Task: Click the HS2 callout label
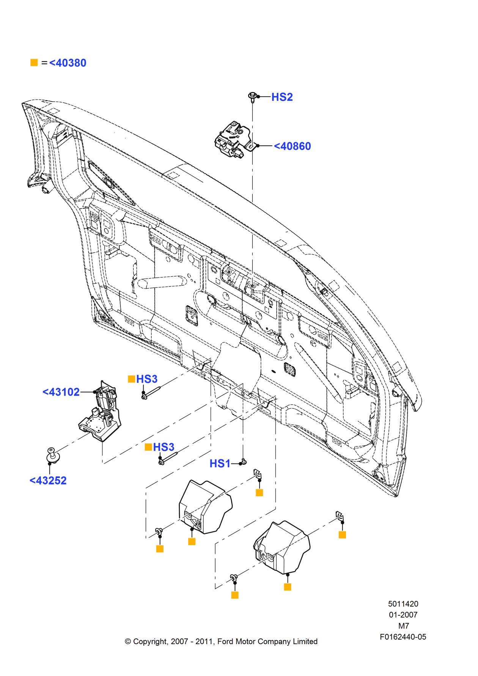282,97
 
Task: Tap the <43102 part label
61,392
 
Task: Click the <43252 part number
48,481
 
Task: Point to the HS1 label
220,464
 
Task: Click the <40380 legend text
68,63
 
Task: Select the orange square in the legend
34,63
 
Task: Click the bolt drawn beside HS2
252,96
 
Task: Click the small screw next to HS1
244,462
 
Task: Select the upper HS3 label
146,379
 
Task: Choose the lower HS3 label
164,447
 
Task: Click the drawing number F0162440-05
403,637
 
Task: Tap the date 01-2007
403,615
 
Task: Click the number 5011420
403,604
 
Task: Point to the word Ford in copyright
225,641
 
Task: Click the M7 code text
403,626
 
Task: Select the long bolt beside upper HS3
152,392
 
